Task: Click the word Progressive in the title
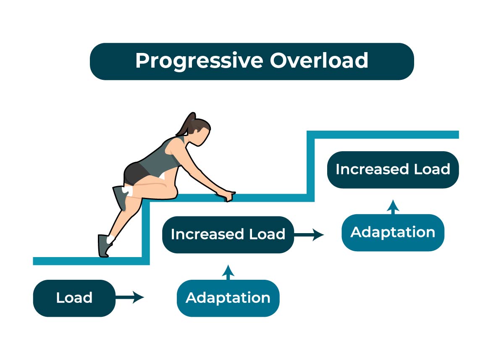click(199, 61)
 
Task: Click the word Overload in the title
click(319, 60)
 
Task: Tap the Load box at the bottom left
click(74, 298)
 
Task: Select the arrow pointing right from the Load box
click(130, 297)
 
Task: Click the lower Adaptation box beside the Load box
click(228, 298)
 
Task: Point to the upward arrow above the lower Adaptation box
click(228, 272)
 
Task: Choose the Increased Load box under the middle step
click(228, 235)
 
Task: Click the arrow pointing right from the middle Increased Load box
click(309, 235)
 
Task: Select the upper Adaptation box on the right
click(393, 233)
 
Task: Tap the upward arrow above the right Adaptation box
click(393, 207)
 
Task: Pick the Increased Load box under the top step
click(393, 170)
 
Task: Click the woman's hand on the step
click(227, 195)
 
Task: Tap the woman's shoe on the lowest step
click(104, 246)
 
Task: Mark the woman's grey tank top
click(163, 156)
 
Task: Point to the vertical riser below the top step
click(310, 166)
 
